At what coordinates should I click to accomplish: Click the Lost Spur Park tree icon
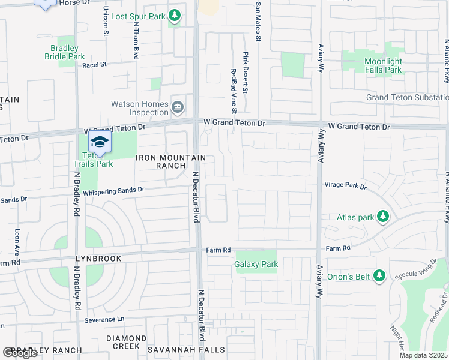175,14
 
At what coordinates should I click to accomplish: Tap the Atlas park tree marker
381,217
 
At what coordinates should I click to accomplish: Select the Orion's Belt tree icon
379,275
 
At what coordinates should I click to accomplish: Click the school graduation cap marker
100,142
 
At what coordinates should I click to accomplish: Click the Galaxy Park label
256,264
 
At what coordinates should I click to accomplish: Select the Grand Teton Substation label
408,97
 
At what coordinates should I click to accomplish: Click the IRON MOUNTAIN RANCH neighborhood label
171,161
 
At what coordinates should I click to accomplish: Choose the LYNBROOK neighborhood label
98,259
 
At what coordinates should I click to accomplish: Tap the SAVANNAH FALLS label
196,350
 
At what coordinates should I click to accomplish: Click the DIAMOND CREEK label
126,342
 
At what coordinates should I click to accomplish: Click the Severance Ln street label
104,320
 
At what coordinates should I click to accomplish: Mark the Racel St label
94,64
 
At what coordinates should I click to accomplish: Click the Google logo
19,353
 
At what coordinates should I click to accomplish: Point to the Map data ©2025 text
423,355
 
